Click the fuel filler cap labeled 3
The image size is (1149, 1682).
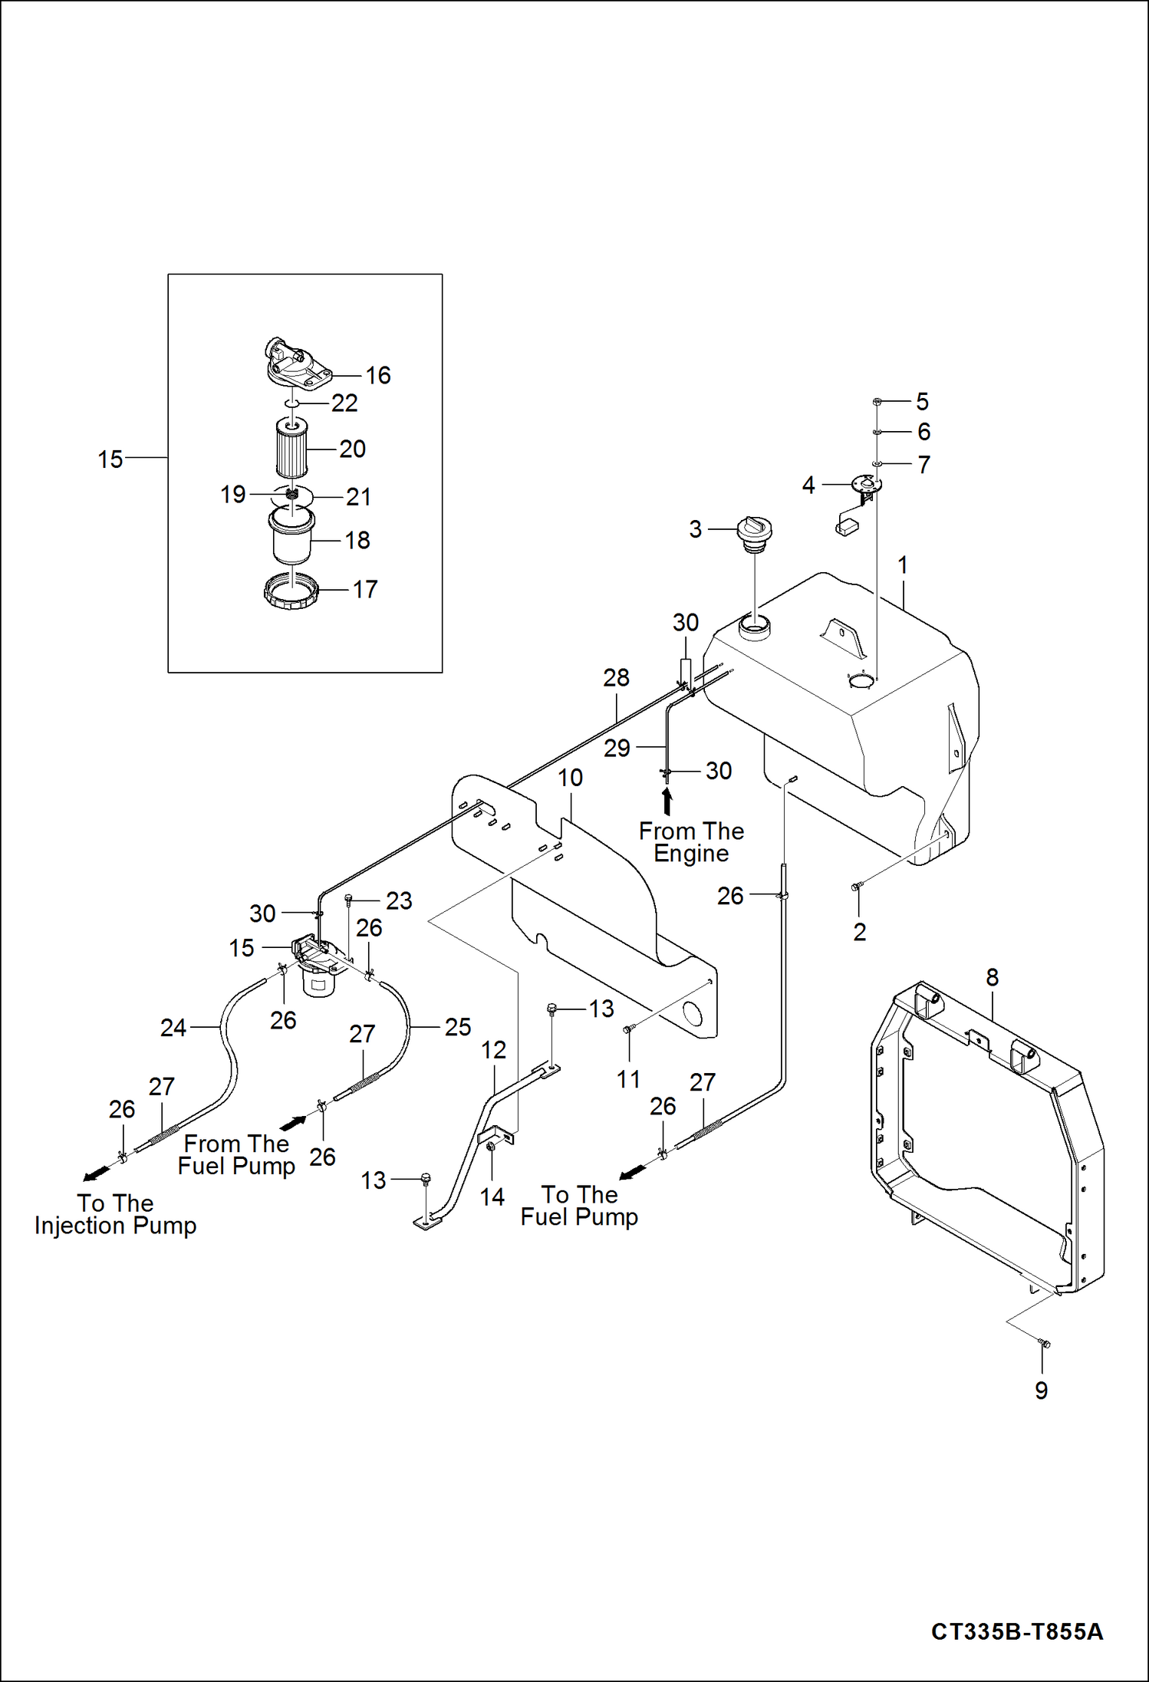click(754, 532)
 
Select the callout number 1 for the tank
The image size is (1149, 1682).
click(903, 565)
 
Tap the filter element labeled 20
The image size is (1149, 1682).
click(291, 448)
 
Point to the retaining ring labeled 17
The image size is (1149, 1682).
click(291, 591)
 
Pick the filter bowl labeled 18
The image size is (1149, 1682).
click(291, 537)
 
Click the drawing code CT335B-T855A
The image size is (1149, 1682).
click(1016, 1631)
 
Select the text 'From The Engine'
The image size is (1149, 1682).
click(691, 842)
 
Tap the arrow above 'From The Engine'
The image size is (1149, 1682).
click(667, 802)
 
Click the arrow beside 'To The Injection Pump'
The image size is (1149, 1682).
click(97, 1175)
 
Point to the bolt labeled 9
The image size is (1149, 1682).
click(1043, 1343)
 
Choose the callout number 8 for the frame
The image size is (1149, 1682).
click(992, 978)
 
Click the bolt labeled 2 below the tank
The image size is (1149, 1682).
click(857, 887)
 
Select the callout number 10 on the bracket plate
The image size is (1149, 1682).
click(570, 778)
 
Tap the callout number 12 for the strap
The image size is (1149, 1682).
click(493, 1050)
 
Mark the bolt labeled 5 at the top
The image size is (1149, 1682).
click(877, 401)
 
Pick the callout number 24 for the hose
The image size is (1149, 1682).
click(173, 1028)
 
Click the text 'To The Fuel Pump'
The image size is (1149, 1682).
click(579, 1206)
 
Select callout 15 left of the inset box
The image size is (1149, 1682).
click(110, 459)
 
